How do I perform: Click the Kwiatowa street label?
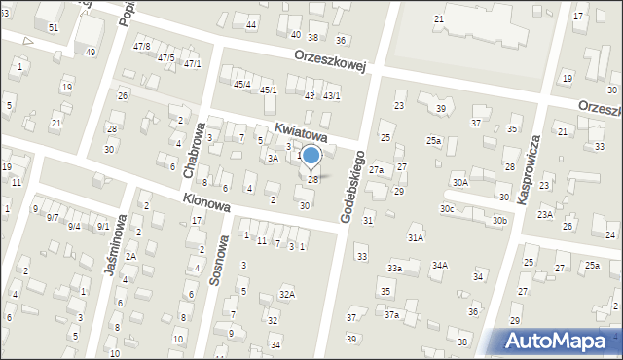click(300, 131)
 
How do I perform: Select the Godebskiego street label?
click(352, 186)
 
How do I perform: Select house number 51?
click(53, 27)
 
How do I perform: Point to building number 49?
click(90, 52)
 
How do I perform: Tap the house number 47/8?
click(142, 46)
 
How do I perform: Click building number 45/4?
click(241, 84)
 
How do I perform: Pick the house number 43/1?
click(332, 95)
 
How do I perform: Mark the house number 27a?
click(376, 170)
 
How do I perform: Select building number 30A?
click(459, 182)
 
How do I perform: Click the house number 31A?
click(416, 237)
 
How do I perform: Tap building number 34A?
click(440, 265)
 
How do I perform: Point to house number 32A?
click(286, 293)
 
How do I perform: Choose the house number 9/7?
click(53, 217)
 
